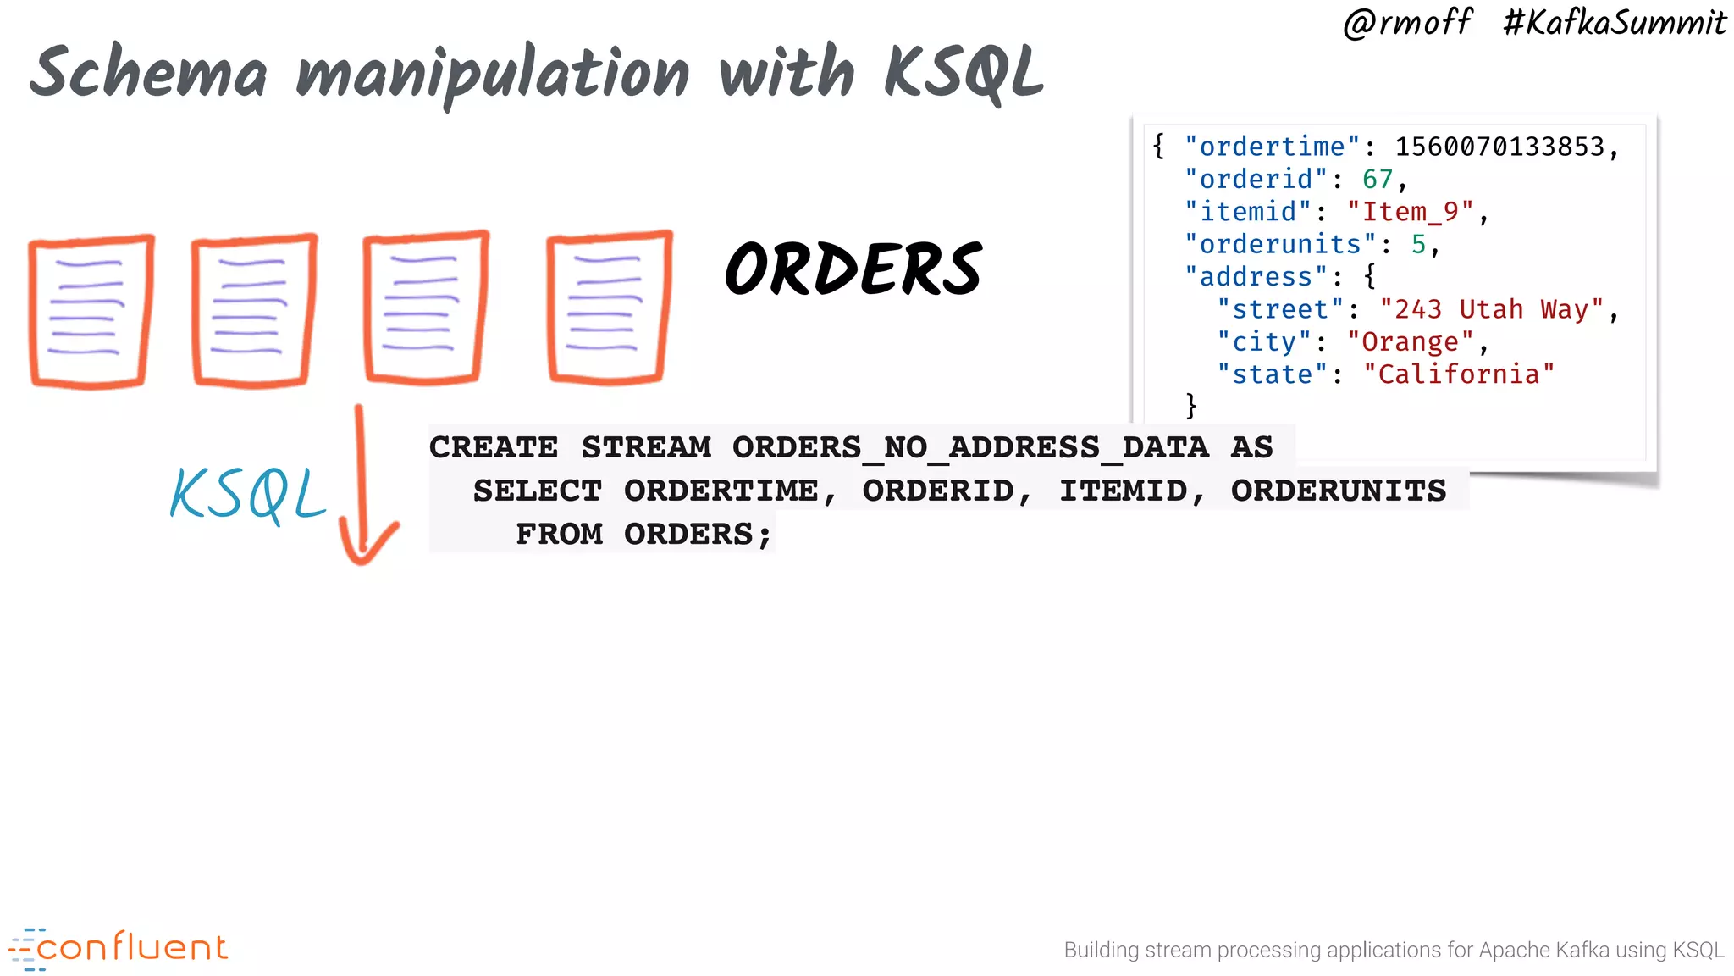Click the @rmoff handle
point(1407,23)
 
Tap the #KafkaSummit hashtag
point(1614,23)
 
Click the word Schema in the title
point(149,74)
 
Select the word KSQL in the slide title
point(964,74)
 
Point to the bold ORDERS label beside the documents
point(853,269)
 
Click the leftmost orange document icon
point(91,311)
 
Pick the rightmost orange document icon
point(609,308)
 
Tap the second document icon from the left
point(253,310)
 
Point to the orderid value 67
point(1378,180)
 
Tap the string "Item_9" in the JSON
point(1411,212)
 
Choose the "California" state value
point(1459,374)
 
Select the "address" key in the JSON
point(1256,277)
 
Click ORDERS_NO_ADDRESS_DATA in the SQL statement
point(970,447)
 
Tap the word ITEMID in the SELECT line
point(1124,491)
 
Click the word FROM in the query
point(559,535)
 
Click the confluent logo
point(119,948)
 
